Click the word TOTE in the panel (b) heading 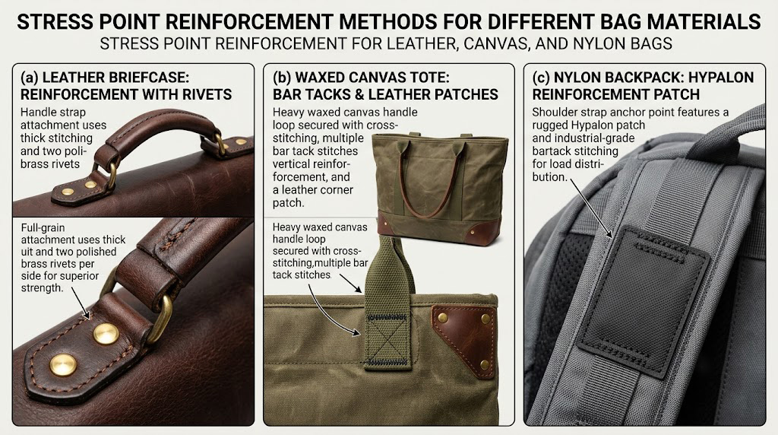[x=431, y=78]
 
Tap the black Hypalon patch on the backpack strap [x=644, y=300]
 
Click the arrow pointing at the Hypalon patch [x=591, y=208]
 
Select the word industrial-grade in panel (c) [x=583, y=138]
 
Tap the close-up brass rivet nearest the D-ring [x=106, y=334]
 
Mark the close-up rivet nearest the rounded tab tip [x=64, y=366]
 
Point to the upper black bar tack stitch [x=387, y=317]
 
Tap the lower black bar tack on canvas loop [x=388, y=361]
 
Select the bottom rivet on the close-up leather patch [x=485, y=366]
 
